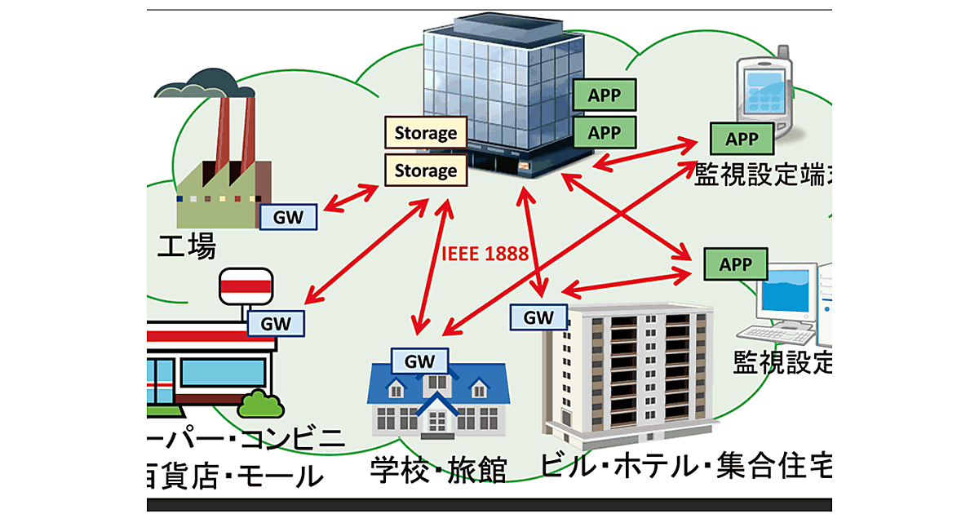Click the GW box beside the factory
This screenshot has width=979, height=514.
click(289, 217)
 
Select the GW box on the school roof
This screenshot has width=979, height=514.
click(420, 360)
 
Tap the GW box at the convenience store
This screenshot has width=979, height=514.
click(275, 323)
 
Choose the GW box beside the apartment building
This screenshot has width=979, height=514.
click(538, 317)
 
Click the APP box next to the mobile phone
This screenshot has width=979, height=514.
click(742, 139)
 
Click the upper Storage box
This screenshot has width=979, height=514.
click(426, 132)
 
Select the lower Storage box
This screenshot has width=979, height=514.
click(426, 171)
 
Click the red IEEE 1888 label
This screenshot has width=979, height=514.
click(485, 253)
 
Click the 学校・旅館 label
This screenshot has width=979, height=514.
click(438, 470)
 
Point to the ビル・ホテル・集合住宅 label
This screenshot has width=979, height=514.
click(685, 467)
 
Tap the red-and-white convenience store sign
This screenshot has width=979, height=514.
click(246, 284)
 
